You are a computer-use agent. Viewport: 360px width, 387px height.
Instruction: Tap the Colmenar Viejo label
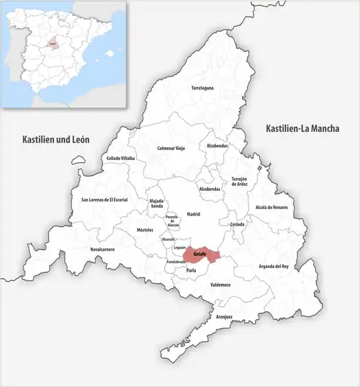click(171, 148)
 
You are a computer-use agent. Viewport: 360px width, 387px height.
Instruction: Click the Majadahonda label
click(156, 203)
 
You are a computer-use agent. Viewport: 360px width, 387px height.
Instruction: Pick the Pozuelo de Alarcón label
click(172, 221)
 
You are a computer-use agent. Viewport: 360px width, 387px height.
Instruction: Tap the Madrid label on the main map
click(193, 214)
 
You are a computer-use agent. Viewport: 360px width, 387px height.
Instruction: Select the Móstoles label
click(145, 230)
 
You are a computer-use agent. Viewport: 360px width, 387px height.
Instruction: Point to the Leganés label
click(180, 247)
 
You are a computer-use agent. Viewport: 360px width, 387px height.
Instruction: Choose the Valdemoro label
click(220, 285)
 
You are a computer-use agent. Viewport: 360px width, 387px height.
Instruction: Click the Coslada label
click(238, 224)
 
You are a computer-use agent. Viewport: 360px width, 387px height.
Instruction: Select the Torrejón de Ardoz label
click(239, 181)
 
